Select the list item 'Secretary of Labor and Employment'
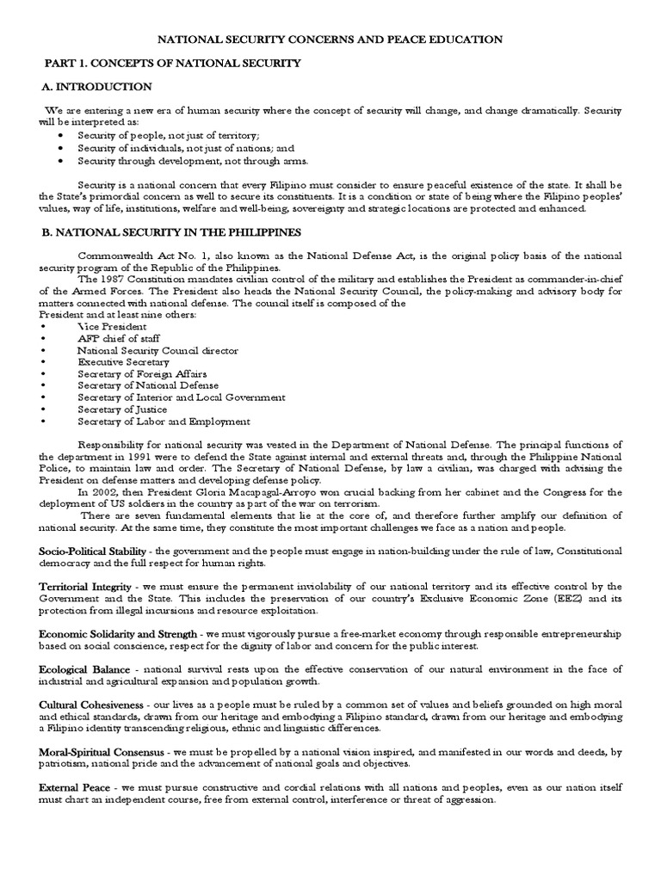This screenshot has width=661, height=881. (x=164, y=422)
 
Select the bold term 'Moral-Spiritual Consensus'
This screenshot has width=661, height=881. (x=102, y=752)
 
